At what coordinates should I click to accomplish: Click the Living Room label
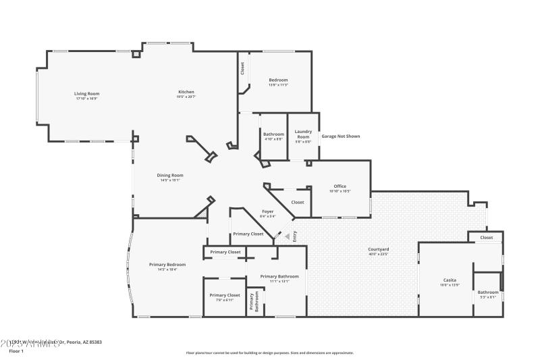[86, 94]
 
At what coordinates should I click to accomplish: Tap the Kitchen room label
[186, 92]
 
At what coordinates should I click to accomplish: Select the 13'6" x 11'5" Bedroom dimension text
[279, 85]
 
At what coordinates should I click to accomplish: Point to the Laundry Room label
[303, 134]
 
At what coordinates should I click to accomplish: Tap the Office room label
[340, 186]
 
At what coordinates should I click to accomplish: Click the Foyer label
[268, 211]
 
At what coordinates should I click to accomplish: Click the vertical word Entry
[294, 236]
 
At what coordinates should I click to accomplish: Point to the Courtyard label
[378, 249]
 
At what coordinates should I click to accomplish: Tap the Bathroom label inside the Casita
[488, 292]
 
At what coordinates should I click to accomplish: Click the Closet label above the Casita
[487, 238]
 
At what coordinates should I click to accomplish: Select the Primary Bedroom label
[167, 264]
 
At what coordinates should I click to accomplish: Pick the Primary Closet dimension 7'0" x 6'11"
[225, 300]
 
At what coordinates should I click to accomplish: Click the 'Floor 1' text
[15, 351]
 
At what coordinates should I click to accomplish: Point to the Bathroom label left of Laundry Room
[273, 134]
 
